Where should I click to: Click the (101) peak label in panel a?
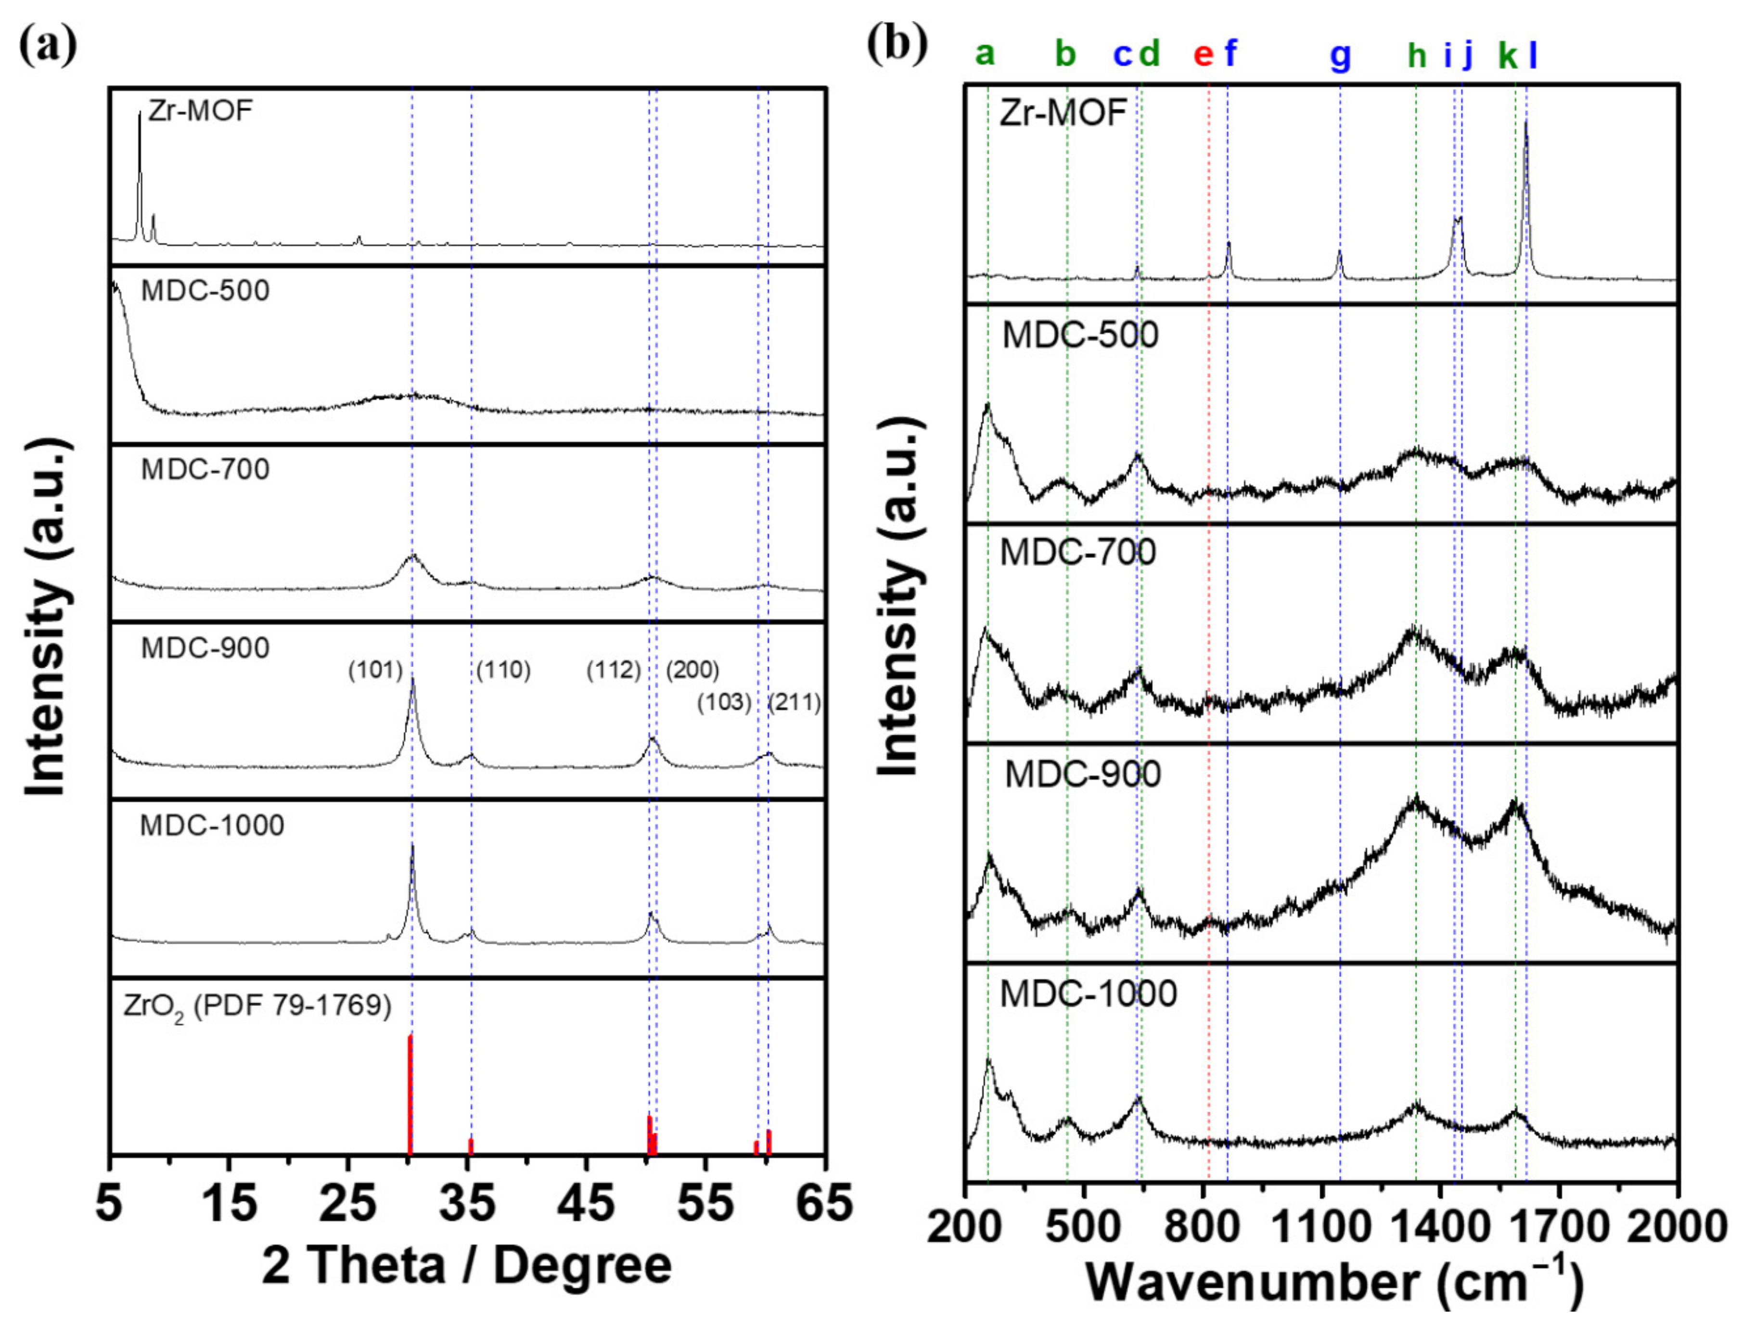(x=375, y=671)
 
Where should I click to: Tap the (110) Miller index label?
(x=503, y=671)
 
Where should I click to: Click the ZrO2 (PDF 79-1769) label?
(x=257, y=1006)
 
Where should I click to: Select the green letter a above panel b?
(x=985, y=54)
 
